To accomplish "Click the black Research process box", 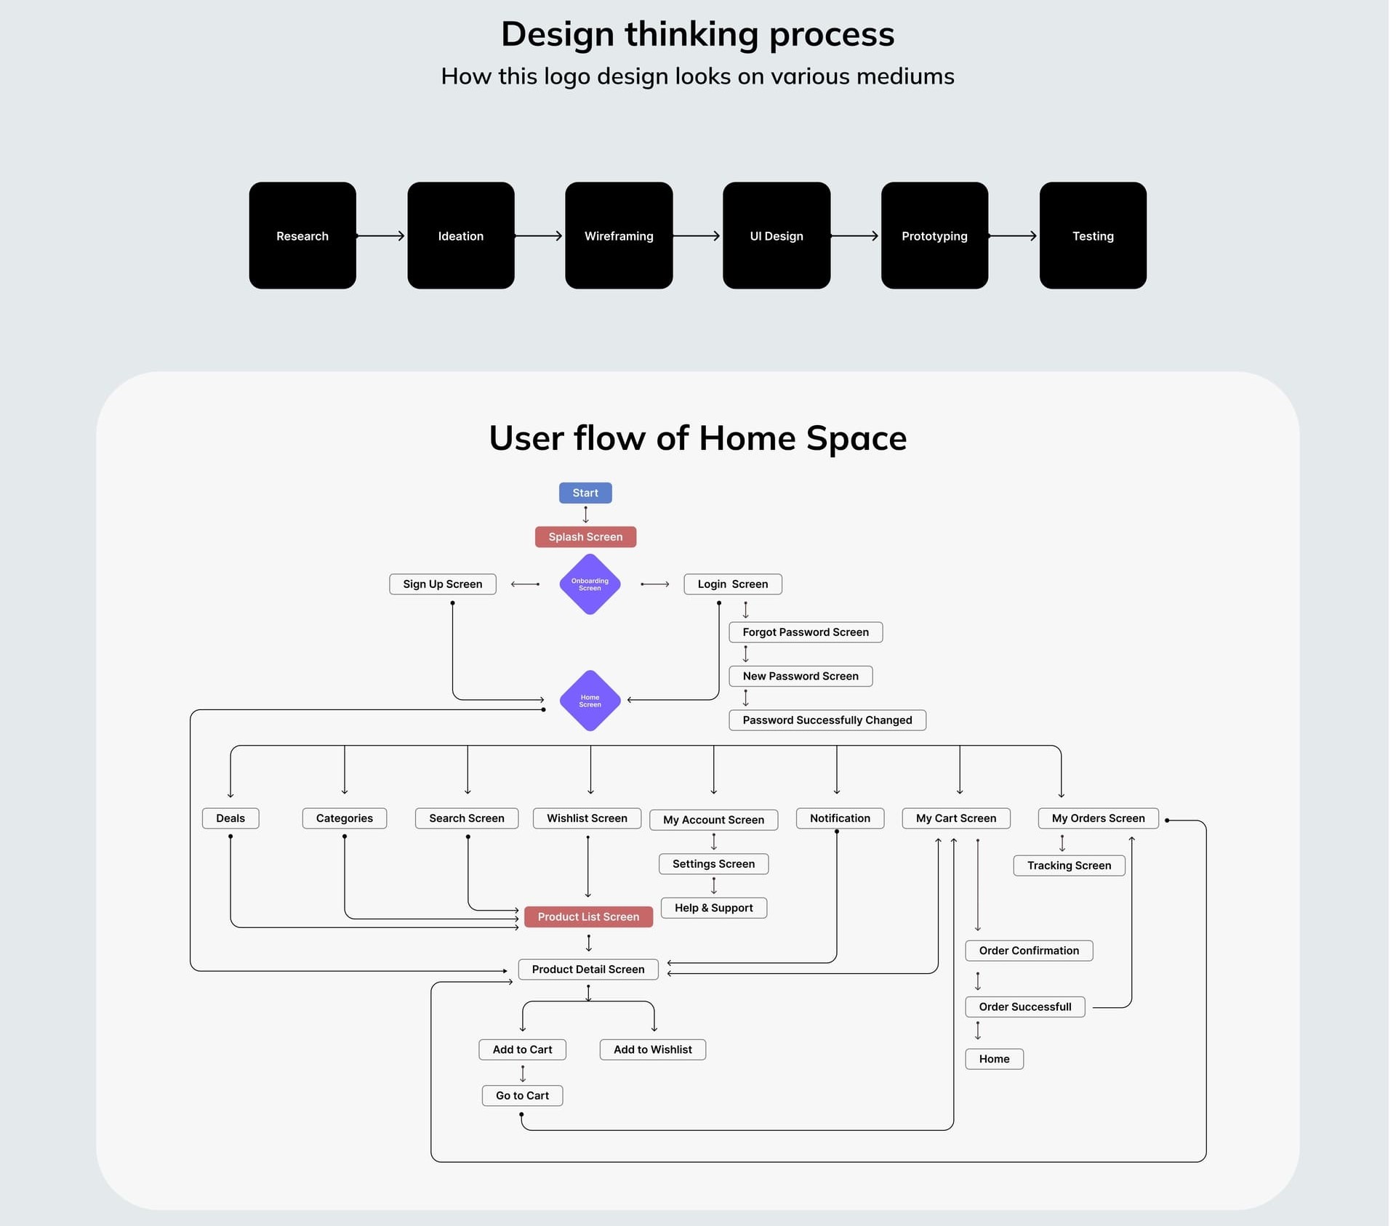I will pos(302,235).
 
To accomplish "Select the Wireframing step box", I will pos(619,235).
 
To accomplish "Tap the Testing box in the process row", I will pos(1093,235).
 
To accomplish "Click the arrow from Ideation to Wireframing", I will pos(539,235).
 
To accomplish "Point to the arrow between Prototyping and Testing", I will pos(1014,235).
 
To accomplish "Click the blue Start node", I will pos(585,493).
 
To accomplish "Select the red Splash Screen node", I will pos(585,537).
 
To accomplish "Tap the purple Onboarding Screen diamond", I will pos(590,584).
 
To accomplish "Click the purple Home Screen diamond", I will pos(590,701).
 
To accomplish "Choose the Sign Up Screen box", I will pos(443,584).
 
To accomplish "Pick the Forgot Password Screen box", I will pos(806,632).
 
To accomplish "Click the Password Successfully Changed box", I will pos(827,720).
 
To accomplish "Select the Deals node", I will pos(230,818).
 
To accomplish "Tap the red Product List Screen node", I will pos(588,917).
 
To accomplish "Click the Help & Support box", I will pos(714,908).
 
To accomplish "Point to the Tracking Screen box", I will pos(1069,866).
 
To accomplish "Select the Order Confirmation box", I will pos(1029,951).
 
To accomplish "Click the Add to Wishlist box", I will pos(653,1049).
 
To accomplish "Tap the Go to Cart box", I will pos(522,1096).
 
